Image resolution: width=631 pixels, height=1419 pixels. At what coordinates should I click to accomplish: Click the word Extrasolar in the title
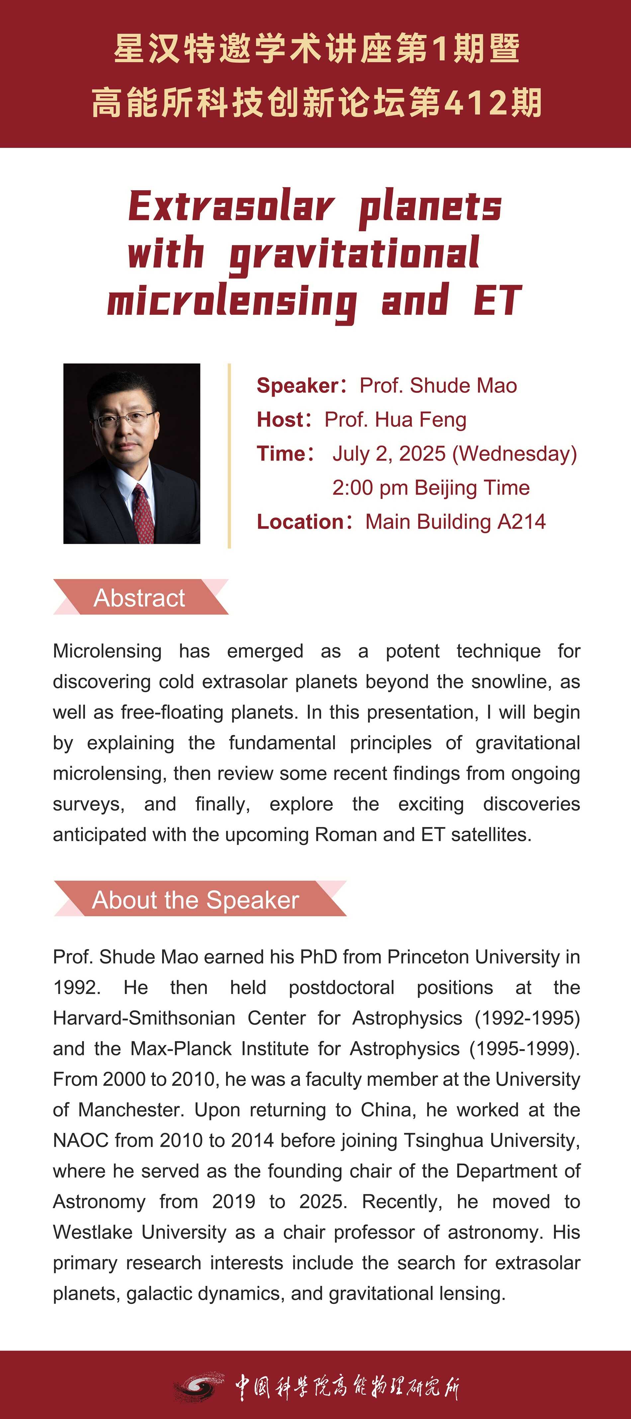tap(231, 207)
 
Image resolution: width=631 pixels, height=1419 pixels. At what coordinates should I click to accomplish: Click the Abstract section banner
tap(139, 598)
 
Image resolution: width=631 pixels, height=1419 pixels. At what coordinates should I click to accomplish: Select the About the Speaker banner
tap(196, 899)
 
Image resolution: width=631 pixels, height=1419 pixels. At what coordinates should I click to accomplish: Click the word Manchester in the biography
tap(130, 1110)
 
